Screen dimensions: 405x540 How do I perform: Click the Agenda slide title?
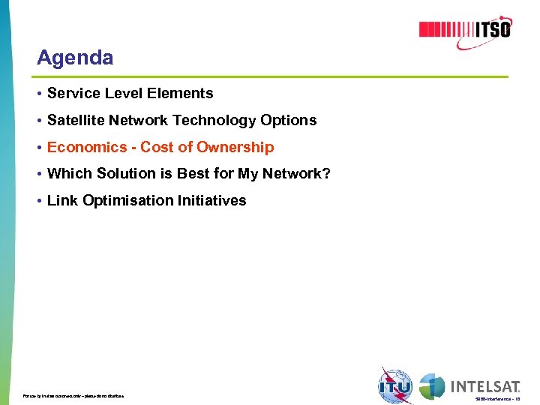75,58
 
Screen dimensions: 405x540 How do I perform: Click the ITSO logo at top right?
464,29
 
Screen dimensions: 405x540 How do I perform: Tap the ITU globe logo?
395,385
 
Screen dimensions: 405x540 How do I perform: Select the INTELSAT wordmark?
485,387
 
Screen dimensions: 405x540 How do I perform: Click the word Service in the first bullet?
71,94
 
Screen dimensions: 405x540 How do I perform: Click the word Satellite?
76,121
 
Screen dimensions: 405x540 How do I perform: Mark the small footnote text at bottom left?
73,395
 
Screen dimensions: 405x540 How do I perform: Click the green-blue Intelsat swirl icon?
432,386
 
